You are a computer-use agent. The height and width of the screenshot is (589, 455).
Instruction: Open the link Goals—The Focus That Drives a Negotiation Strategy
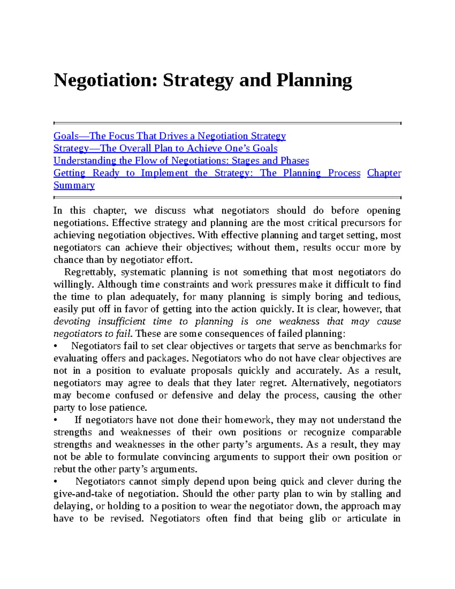click(169, 136)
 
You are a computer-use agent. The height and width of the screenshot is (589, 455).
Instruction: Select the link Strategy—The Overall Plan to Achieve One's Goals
click(165, 148)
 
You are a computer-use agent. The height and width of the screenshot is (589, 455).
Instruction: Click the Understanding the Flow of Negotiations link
click(181, 161)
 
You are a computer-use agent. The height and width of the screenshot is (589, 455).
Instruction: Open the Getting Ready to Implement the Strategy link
click(207, 173)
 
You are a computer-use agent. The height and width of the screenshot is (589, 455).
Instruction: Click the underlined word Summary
click(74, 185)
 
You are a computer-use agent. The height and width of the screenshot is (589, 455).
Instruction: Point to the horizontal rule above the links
click(227, 123)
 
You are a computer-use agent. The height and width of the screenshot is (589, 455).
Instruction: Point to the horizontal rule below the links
click(227, 197)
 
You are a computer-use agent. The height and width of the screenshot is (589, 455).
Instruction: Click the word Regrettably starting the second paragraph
click(89, 272)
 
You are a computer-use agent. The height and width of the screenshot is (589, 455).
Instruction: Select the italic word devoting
click(72, 322)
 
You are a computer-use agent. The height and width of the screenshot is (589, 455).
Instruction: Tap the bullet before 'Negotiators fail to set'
click(55, 346)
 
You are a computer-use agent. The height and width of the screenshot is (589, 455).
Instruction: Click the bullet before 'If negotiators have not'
click(55, 420)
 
